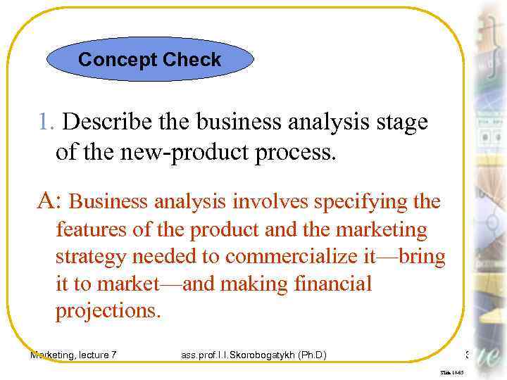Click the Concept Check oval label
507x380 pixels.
[x=149, y=61]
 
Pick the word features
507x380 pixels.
[x=91, y=229]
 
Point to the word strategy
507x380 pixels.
[x=92, y=257]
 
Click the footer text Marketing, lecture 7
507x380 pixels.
[x=73, y=355]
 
